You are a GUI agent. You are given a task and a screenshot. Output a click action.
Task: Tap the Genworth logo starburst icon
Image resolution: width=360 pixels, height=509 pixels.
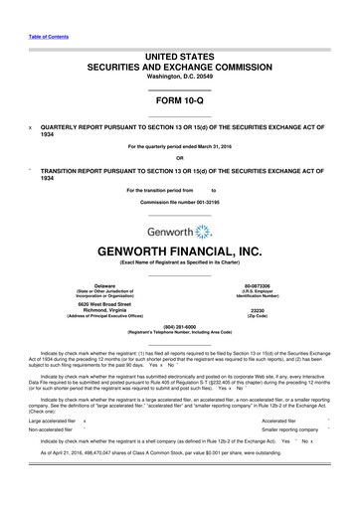204,234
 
